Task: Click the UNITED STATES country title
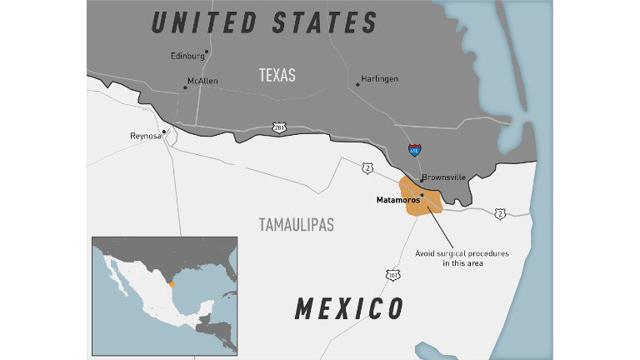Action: click(x=264, y=22)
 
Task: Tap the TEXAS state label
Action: click(x=277, y=75)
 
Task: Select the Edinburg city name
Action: click(x=187, y=56)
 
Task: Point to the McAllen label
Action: click(x=202, y=81)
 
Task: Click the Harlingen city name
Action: click(x=380, y=79)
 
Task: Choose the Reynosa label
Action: click(x=145, y=135)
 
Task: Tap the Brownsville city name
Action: click(x=443, y=177)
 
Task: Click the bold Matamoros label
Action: click(x=397, y=200)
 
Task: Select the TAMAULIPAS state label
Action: click(x=296, y=225)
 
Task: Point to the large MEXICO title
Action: click(x=349, y=308)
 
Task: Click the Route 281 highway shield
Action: click(x=279, y=127)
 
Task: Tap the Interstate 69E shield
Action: click(x=414, y=150)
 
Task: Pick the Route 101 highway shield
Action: click(x=392, y=274)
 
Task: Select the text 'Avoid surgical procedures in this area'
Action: click(x=462, y=257)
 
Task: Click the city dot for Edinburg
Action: click(x=207, y=52)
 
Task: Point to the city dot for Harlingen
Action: click(x=357, y=83)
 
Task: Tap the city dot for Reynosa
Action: click(x=164, y=131)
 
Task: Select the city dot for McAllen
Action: click(x=185, y=87)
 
